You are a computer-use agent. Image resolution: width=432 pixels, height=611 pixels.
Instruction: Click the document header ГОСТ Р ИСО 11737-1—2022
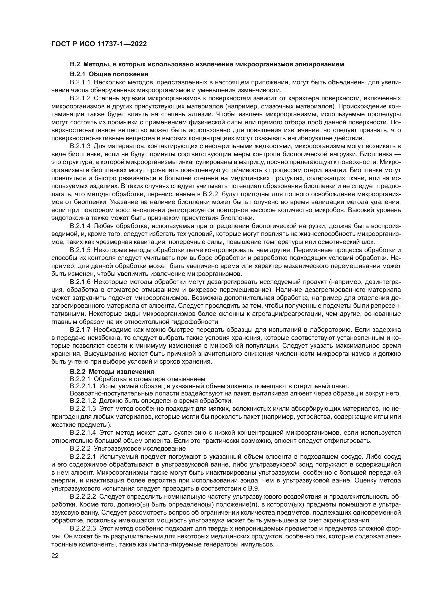point(99,44)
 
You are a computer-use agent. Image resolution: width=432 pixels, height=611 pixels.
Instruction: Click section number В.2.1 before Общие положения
point(78,74)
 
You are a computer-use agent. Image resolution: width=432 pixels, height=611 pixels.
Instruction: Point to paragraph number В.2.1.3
point(80,146)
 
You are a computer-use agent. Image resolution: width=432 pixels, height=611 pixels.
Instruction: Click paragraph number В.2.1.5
point(80,250)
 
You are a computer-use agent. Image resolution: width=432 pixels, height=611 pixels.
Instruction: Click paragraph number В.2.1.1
point(80,83)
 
